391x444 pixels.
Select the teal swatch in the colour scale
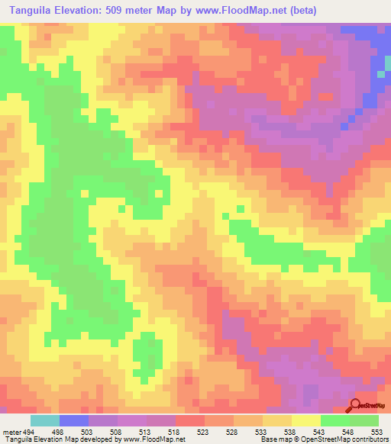[45, 420]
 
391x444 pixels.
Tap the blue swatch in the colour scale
[74, 420]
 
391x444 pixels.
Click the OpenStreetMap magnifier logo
[357, 405]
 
